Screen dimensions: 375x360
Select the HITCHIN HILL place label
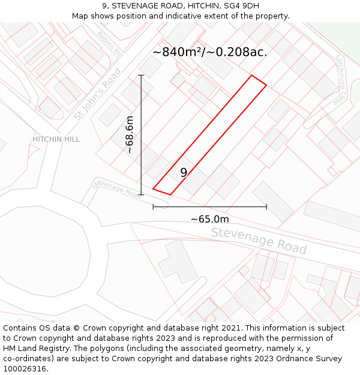56,139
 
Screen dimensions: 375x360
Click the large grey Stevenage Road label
259,241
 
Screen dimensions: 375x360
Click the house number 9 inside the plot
184,172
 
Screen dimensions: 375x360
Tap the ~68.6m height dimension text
130,135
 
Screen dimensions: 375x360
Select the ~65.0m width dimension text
209,219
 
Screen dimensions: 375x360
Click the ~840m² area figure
177,52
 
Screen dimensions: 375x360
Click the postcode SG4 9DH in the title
243,6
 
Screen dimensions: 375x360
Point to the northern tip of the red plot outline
252,76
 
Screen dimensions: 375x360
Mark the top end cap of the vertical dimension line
142,75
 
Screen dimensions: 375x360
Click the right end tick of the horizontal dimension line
266,207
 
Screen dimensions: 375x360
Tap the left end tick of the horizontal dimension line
153,207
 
